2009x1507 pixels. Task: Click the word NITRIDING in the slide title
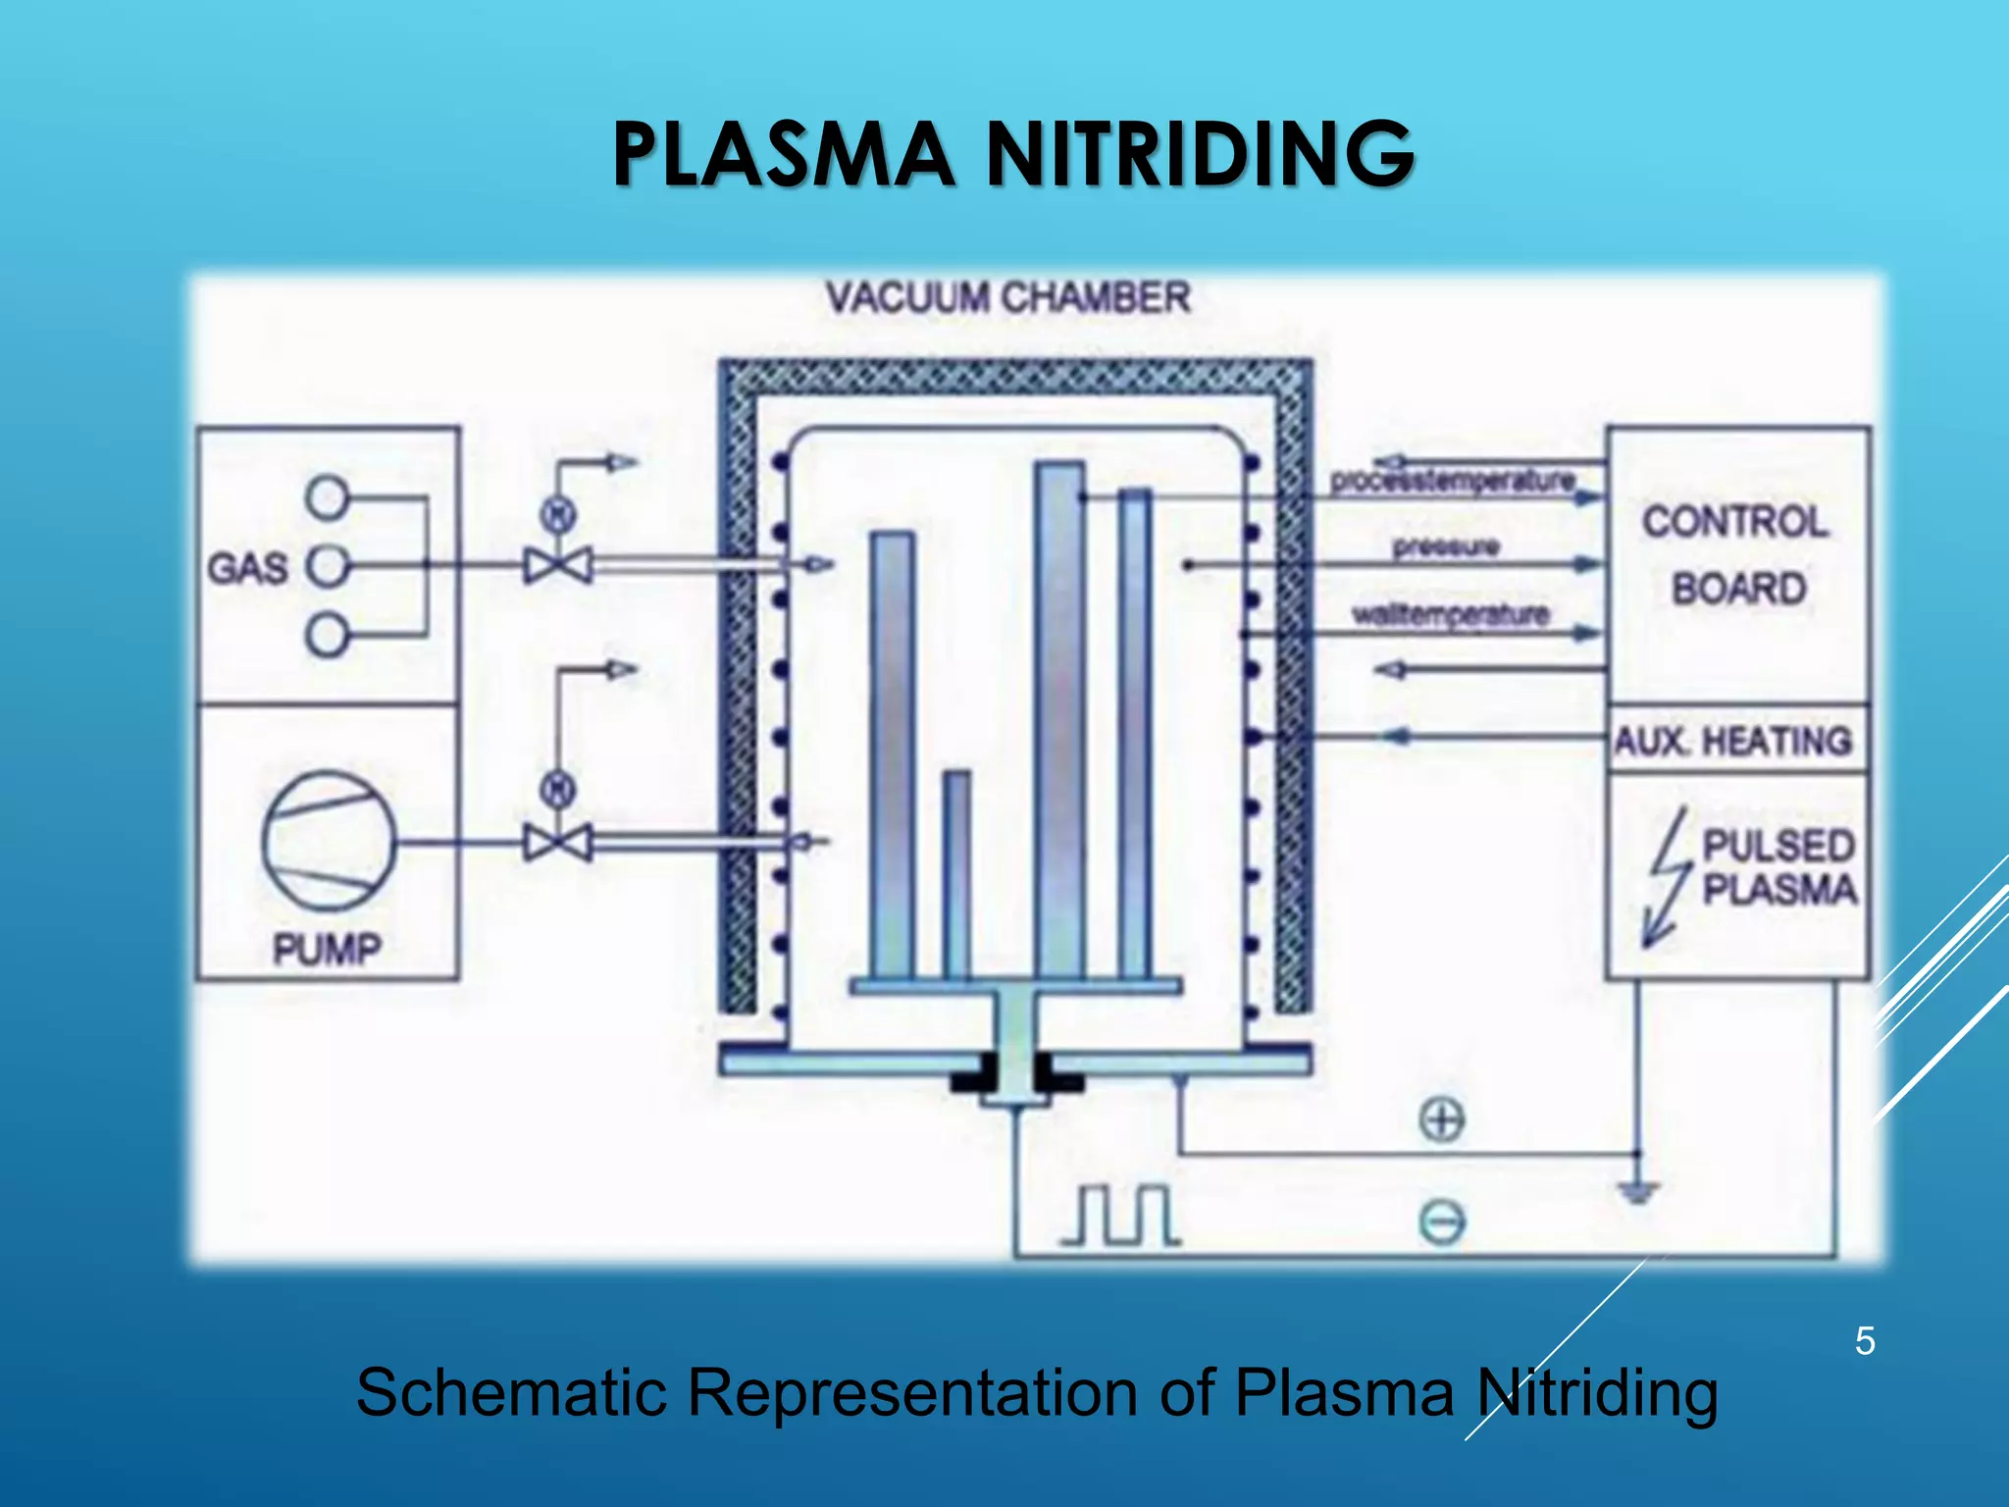tap(1199, 154)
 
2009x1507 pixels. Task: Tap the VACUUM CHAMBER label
tap(1007, 297)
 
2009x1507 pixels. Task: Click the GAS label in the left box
tap(247, 568)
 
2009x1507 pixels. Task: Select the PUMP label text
tap(327, 949)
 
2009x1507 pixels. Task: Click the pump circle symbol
tap(329, 842)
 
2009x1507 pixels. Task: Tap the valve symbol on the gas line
tap(558, 566)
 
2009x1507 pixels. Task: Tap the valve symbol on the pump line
tap(558, 843)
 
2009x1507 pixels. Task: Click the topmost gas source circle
tap(326, 497)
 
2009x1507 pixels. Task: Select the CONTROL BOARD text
tap(1736, 555)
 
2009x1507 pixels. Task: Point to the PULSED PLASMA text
tap(1778, 866)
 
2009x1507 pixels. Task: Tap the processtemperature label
tap(1452, 481)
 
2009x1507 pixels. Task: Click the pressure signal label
tap(1446, 546)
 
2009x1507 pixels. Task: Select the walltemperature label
tap(1450, 615)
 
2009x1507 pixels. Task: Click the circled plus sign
tap(1442, 1119)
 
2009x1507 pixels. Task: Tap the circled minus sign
tap(1442, 1222)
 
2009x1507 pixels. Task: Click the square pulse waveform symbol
tap(1121, 1217)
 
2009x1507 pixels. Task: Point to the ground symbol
tap(1637, 1191)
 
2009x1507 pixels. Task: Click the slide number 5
tap(1865, 1341)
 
